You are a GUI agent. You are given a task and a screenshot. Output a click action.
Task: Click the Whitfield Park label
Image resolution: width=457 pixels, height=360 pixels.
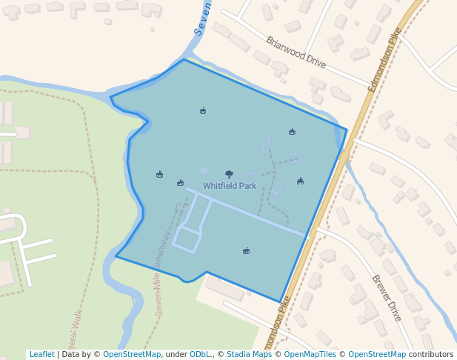[x=230, y=186]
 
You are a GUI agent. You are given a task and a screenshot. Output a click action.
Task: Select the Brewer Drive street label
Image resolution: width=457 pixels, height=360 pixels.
[x=386, y=298]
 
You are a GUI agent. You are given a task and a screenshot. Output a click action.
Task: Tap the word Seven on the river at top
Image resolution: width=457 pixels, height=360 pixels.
[x=202, y=18]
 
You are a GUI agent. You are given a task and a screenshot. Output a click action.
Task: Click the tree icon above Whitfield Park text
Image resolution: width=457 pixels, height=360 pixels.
[x=229, y=174]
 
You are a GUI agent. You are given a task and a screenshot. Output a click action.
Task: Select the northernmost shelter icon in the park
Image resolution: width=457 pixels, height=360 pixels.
[x=203, y=111]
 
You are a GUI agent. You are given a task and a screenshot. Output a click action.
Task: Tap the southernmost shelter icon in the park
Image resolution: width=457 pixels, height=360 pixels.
[x=246, y=251]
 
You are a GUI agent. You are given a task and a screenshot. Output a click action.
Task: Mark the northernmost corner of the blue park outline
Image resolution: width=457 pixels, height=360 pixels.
[x=184, y=59]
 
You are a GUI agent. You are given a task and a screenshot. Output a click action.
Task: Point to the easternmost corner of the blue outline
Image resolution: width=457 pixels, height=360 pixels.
[x=346, y=130]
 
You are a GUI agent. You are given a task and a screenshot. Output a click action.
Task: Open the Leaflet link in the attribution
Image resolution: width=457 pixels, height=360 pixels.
[x=41, y=355]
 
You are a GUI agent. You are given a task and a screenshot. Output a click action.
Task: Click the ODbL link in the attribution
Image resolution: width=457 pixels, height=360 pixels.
[x=200, y=355]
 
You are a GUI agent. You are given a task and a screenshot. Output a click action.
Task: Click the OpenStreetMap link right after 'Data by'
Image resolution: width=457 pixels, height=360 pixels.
[x=131, y=355]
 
